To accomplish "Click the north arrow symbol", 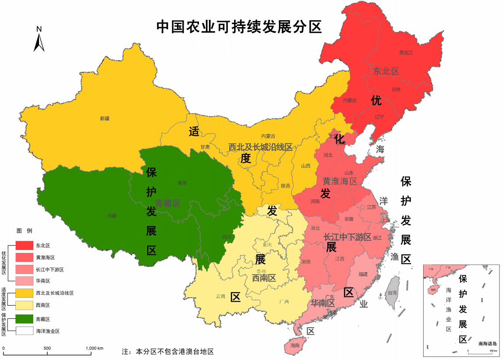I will tap(39, 39).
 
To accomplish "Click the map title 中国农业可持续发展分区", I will tap(239, 27).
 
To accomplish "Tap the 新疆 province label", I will tap(105, 118).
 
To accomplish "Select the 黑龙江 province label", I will tap(406, 53).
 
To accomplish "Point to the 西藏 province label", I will tap(112, 216).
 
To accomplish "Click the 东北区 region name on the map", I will tap(386, 71).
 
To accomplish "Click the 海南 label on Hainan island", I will tap(294, 346).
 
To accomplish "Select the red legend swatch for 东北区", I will tap(24, 246).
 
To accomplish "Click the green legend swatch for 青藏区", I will tap(24, 319).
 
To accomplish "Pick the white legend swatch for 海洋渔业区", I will tap(24, 331).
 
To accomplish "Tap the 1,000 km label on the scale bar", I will tap(94, 349).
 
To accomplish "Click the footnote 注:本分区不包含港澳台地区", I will tap(168, 352).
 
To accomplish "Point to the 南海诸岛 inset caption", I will tap(488, 344).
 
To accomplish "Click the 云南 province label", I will tap(220, 296).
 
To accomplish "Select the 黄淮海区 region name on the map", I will tap(340, 181).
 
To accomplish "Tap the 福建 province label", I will tap(363, 274).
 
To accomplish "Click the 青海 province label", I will tap(182, 183).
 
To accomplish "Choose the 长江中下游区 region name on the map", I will tap(347, 237).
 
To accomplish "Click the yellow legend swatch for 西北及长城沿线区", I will tap(24, 292).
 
